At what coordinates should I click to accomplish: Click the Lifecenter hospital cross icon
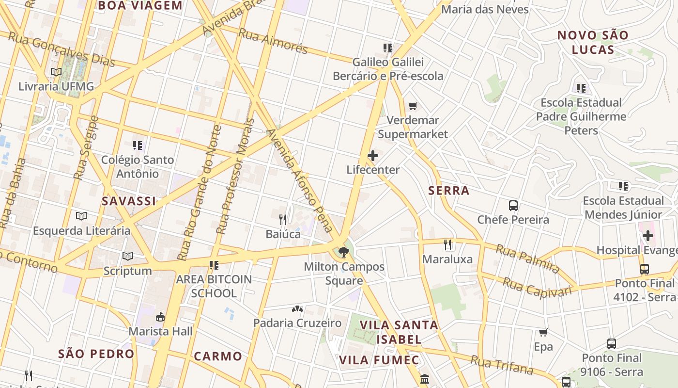pos(373,156)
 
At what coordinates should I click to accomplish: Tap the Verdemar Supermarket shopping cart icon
pos(413,106)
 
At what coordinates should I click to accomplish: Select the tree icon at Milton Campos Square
pos(344,252)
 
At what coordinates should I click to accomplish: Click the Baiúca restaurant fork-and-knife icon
pos(283,220)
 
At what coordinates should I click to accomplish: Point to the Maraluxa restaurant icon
pos(447,244)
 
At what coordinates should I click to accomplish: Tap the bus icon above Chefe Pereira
pos(513,205)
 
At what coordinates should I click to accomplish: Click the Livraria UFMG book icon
pos(56,72)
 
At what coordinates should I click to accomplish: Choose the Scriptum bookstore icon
pos(128,256)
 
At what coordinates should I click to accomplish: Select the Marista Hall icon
pos(160,317)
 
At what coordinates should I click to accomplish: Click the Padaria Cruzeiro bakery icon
pos(297,308)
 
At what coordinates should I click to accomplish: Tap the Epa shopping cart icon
pos(543,333)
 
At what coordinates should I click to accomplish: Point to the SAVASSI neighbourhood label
pos(129,201)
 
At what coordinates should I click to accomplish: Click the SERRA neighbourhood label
pos(449,191)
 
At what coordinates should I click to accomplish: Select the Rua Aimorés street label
pos(273,42)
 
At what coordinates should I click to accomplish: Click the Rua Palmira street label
pos(527,259)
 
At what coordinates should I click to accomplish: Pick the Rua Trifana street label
pos(502,365)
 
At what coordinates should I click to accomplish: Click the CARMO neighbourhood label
pos(218,356)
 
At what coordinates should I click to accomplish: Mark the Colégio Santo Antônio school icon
pos(138,145)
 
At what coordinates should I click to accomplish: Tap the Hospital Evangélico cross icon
pos(648,236)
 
